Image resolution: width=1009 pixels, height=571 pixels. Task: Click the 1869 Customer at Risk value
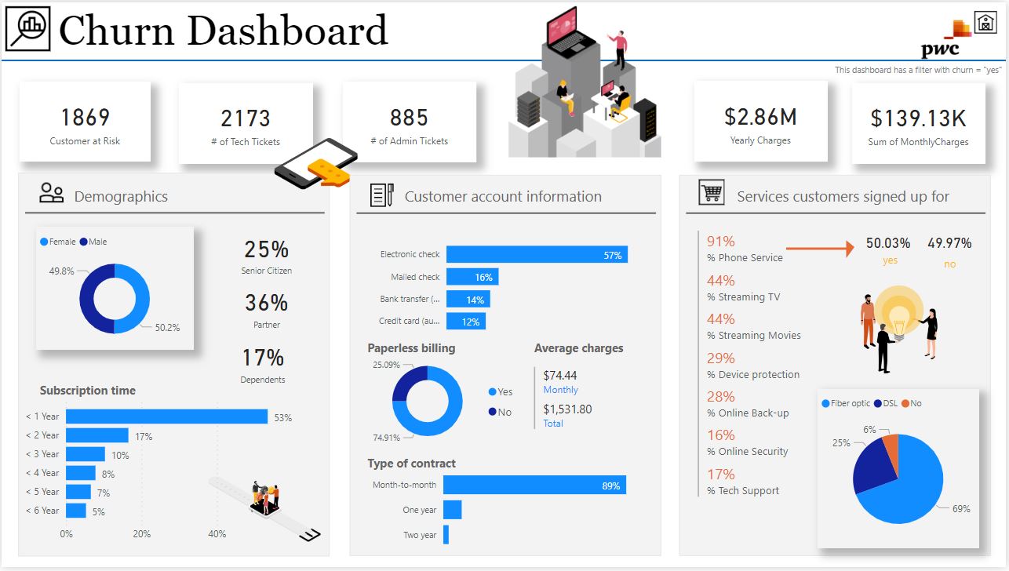[x=85, y=118]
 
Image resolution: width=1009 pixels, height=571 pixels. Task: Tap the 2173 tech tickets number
[x=246, y=118]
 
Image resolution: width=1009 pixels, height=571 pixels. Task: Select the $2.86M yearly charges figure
[x=760, y=118]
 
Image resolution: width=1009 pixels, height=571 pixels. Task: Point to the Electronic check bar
[x=537, y=254]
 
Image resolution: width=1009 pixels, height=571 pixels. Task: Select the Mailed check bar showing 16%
[x=472, y=277]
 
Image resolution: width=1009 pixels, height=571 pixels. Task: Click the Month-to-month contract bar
[x=534, y=486]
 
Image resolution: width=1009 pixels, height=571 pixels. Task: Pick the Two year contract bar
[x=446, y=534]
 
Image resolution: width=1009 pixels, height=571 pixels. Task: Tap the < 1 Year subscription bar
[x=166, y=416]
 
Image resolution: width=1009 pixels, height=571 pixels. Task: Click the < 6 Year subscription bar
[x=76, y=511]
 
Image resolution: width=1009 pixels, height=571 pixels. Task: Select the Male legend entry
[x=93, y=242]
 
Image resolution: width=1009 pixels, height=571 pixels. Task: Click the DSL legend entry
[x=886, y=403]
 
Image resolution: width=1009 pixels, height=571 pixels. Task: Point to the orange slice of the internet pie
[x=891, y=448]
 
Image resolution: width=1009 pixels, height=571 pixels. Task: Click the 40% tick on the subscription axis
[x=217, y=534]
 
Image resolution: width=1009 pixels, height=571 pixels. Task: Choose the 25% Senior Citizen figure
[x=266, y=249]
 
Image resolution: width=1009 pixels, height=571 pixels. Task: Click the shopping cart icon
[x=712, y=193]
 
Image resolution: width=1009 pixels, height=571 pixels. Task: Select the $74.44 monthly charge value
[x=559, y=376]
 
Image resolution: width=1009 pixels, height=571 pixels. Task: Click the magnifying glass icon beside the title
[x=27, y=29]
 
